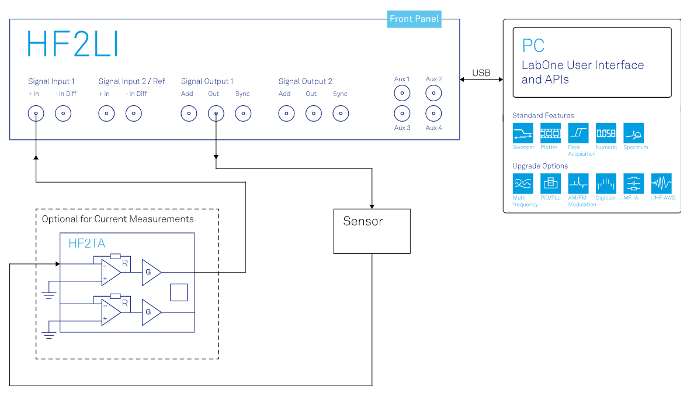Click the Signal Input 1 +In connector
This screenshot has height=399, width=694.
(x=36, y=113)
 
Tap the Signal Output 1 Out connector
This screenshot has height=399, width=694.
(x=216, y=113)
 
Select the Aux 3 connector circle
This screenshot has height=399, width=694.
(x=402, y=113)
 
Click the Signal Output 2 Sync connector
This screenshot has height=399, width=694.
(x=341, y=113)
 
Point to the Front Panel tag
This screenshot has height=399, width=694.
(x=414, y=19)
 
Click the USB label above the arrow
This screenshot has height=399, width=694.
(x=481, y=73)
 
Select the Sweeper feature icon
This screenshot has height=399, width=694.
(x=523, y=133)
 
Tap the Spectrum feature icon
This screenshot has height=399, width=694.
(x=633, y=133)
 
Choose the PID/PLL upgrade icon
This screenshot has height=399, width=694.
(x=551, y=184)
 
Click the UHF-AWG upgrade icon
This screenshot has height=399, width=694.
(x=661, y=184)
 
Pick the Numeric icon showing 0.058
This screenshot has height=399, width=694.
(x=606, y=133)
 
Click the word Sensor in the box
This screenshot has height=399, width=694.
(x=363, y=221)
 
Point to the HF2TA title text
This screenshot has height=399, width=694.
(x=86, y=243)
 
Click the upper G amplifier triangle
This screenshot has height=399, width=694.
(x=151, y=273)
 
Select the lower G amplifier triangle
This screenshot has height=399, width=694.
(x=151, y=312)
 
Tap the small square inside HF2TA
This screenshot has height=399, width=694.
(x=179, y=293)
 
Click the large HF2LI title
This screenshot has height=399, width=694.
(x=73, y=44)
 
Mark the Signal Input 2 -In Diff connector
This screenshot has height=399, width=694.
(x=134, y=113)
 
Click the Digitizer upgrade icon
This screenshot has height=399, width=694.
(x=606, y=184)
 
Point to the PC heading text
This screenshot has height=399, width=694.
(x=533, y=46)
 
